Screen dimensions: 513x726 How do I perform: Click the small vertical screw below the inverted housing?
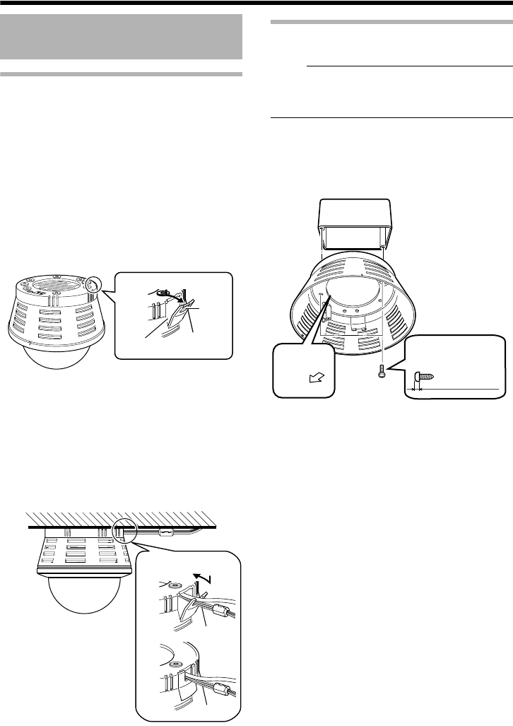382,372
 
